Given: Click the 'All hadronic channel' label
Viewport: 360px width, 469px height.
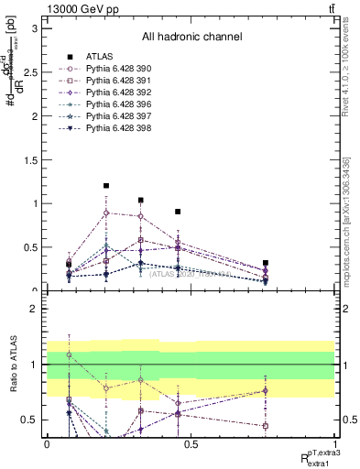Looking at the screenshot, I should (191, 38).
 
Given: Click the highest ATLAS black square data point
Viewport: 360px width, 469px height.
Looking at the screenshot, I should (106, 186).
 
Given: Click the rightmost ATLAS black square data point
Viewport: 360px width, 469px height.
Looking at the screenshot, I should (266, 263).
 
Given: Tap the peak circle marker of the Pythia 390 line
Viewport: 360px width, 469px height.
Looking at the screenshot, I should (106, 213).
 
